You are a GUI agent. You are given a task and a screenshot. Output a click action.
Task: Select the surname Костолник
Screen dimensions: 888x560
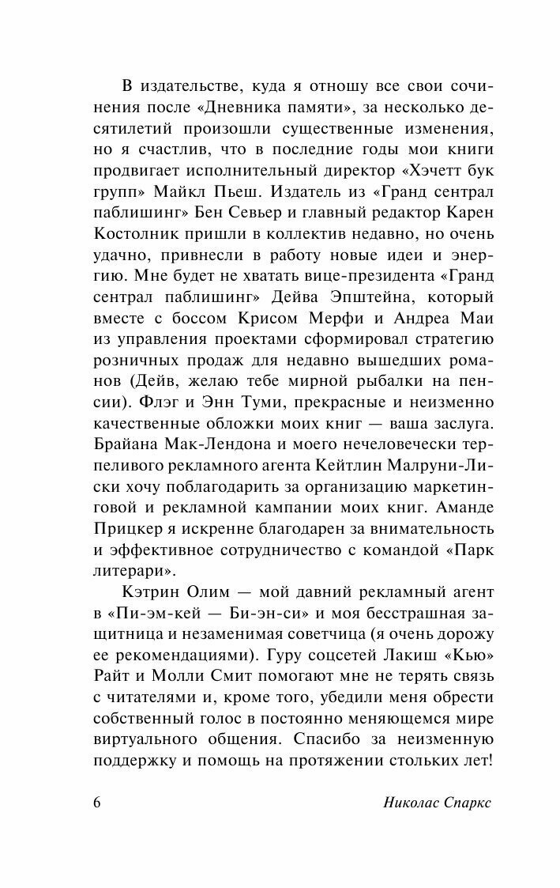136,233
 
